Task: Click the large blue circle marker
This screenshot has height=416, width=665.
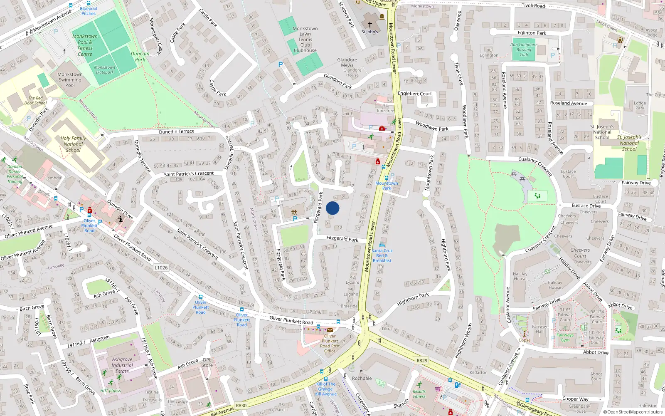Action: click(332, 208)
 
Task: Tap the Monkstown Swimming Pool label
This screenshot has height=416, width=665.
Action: click(70, 80)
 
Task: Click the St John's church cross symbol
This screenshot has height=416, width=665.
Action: click(369, 25)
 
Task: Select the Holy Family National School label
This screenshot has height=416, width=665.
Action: click(73, 144)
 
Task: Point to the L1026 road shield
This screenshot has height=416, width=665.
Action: click(161, 267)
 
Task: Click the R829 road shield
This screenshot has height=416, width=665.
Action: click(421, 360)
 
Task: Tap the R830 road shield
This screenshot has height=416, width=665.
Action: click(241, 405)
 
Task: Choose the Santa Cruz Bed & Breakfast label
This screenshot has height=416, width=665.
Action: click(382, 255)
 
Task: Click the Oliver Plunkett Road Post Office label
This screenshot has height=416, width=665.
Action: click(330, 344)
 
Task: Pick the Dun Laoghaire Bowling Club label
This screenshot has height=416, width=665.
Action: click(524, 50)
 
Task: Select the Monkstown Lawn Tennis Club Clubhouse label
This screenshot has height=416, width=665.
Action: click(305, 40)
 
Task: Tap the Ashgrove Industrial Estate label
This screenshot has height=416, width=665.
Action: click(122, 365)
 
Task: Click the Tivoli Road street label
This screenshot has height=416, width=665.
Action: click(533, 6)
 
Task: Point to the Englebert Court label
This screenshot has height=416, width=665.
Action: click(415, 94)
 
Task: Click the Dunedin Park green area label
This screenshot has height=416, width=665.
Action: click(140, 57)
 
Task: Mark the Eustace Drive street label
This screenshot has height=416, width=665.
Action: click(586, 206)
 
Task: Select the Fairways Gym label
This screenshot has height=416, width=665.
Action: click(565, 337)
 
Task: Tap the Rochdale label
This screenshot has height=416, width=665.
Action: click(362, 378)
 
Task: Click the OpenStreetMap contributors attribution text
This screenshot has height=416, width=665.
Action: click(633, 412)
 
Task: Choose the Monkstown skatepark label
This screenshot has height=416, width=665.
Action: click(104, 69)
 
